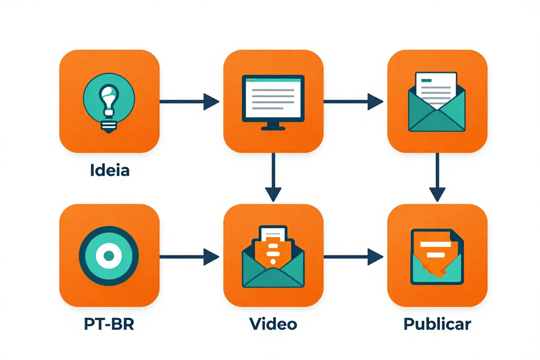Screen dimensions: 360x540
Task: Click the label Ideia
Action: tap(109, 170)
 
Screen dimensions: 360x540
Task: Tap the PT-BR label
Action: tap(109, 324)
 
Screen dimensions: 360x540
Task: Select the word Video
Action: tap(273, 324)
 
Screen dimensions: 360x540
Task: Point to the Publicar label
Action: tap(437, 324)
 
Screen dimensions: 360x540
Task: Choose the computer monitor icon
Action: tap(273, 102)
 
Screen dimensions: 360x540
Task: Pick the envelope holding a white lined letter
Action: tap(437, 102)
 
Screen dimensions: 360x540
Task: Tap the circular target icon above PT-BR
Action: tap(109, 256)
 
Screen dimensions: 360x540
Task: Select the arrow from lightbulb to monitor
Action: tap(190, 102)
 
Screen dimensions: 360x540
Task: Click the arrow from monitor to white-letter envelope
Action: tap(353, 102)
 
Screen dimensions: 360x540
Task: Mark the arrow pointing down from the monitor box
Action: tap(273, 177)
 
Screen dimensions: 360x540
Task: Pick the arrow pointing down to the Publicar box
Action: tap(437, 177)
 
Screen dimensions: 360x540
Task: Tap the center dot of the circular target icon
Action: tap(109, 256)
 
